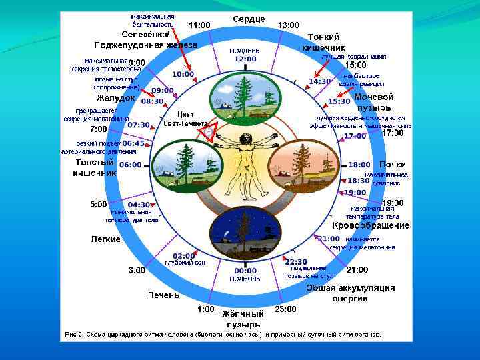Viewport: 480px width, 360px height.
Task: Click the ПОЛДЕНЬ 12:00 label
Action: (245, 55)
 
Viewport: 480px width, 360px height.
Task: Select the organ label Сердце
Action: (249, 19)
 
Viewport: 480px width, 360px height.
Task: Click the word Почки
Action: (393, 164)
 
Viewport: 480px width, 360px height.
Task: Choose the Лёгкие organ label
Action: (105, 239)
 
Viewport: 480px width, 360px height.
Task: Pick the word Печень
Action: (163, 294)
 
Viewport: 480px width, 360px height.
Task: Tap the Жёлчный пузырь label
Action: (243, 319)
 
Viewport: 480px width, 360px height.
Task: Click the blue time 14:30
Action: (319, 81)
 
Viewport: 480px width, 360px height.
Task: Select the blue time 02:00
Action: (184, 255)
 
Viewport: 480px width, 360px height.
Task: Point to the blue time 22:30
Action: (296, 261)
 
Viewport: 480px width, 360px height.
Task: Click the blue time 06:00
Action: (130, 165)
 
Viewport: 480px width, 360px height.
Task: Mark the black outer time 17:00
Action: (393, 133)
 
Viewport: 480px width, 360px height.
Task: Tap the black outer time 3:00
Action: (136, 270)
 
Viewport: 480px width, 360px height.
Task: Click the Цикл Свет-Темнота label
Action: (185, 119)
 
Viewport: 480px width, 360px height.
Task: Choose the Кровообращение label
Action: (380, 226)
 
